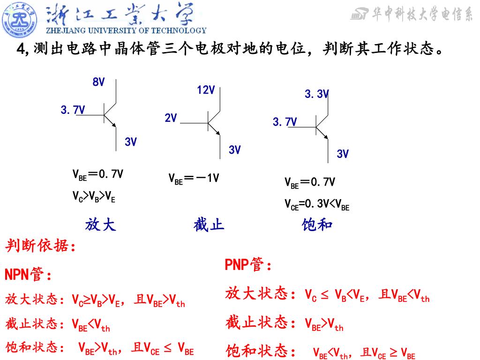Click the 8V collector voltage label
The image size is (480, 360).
(x=98, y=82)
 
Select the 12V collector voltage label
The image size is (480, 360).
(x=206, y=90)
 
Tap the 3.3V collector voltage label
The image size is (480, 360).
(x=317, y=94)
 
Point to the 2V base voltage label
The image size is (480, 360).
(x=171, y=118)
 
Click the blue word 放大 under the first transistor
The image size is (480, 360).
(x=100, y=225)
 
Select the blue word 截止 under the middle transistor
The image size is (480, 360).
(x=209, y=225)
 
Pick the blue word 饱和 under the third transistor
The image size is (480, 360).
(x=317, y=225)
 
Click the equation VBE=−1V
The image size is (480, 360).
(x=194, y=178)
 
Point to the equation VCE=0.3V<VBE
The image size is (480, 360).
(x=317, y=204)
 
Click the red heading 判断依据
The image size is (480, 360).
(x=40, y=246)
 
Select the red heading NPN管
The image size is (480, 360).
(x=28, y=275)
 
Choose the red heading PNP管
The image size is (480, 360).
(x=248, y=265)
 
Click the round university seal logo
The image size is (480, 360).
(x=20, y=20)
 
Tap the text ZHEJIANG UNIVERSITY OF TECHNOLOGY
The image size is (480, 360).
(x=126, y=31)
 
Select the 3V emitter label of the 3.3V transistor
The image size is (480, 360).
(x=343, y=154)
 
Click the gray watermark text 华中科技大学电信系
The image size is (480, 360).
(x=422, y=15)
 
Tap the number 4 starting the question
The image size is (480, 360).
(x=20, y=49)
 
